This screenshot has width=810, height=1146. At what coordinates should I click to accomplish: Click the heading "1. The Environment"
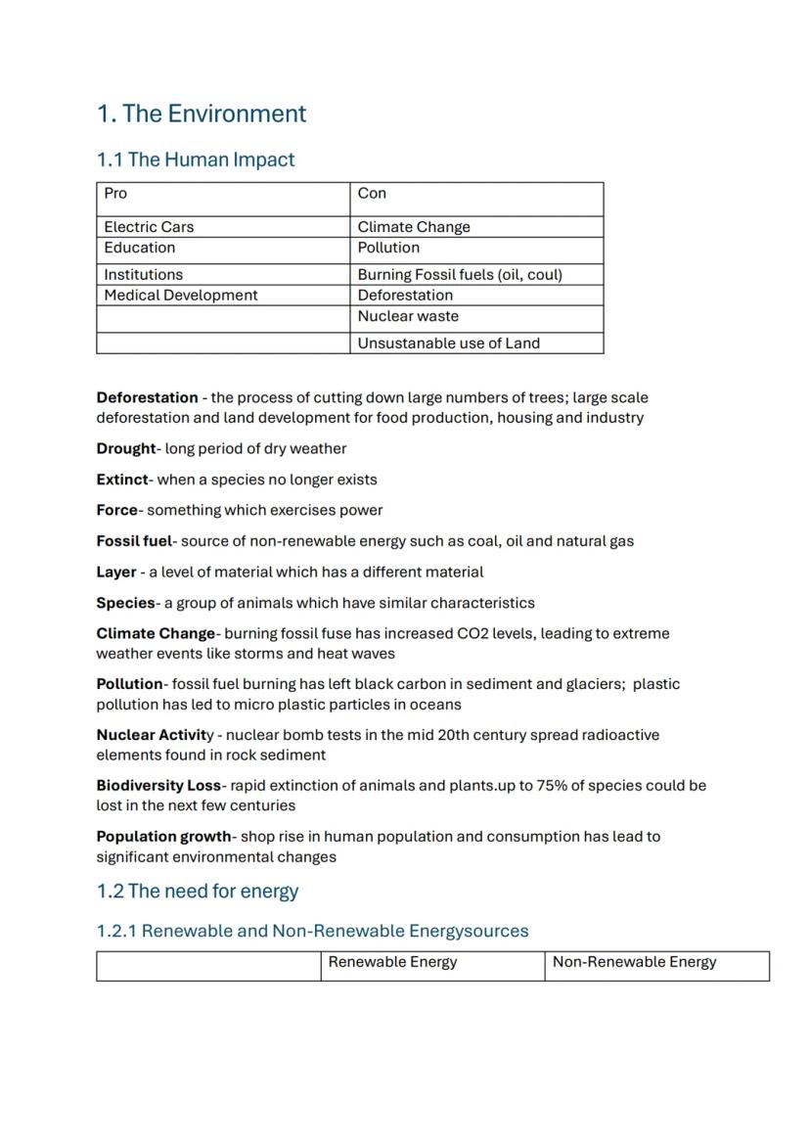pyautogui.click(x=202, y=114)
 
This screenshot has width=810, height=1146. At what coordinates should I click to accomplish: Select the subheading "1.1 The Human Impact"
pyautogui.click(x=195, y=160)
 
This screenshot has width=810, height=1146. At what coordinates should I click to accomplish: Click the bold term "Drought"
pyautogui.click(x=125, y=449)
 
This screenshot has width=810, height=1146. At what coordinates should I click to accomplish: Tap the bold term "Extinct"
pyautogui.click(x=121, y=480)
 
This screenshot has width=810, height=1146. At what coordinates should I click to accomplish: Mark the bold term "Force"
pyautogui.click(x=116, y=511)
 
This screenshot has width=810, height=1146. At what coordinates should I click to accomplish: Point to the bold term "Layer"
pyautogui.click(x=115, y=573)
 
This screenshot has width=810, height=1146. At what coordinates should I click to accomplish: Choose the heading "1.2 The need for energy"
pyautogui.click(x=197, y=892)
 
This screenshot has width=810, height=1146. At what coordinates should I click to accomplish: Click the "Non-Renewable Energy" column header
pyautogui.click(x=634, y=962)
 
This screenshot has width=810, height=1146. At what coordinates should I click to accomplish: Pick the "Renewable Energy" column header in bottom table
pyautogui.click(x=392, y=962)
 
